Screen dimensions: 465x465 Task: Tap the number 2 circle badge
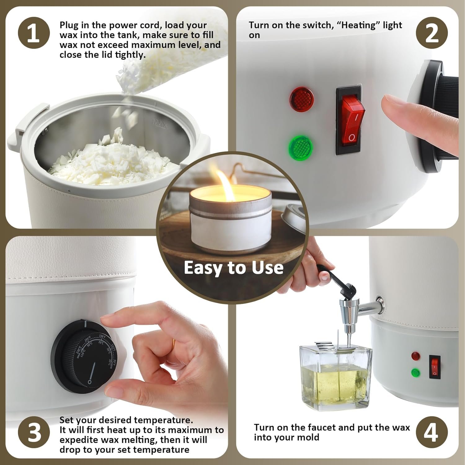click(432, 33)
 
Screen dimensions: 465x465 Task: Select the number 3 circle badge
click(34, 432)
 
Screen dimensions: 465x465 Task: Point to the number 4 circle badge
click(432, 432)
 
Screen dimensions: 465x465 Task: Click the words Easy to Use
click(233, 268)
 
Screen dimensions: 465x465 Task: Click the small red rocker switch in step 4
click(434, 367)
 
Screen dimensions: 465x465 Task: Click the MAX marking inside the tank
click(160, 125)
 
